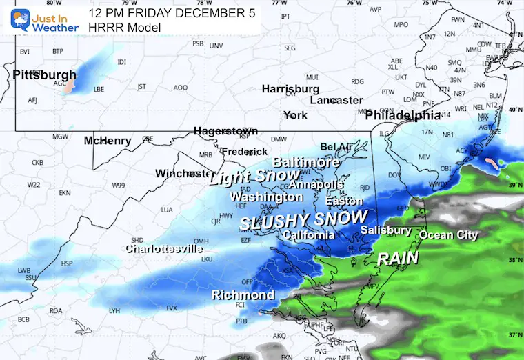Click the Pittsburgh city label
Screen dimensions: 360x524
(45, 74)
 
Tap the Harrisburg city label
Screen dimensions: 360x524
(290, 89)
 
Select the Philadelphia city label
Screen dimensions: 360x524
(403, 115)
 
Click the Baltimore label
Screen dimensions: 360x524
(306, 163)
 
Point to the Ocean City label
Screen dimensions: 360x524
(448, 235)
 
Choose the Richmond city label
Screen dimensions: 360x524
(243, 295)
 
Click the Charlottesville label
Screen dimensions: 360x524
(163, 248)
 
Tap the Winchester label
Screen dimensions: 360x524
(183, 173)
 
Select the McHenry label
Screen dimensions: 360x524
(108, 141)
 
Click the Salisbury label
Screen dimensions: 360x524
(386, 230)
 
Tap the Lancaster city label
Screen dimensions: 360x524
(336, 101)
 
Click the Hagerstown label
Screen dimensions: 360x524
(225, 131)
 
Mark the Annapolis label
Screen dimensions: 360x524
(316, 185)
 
